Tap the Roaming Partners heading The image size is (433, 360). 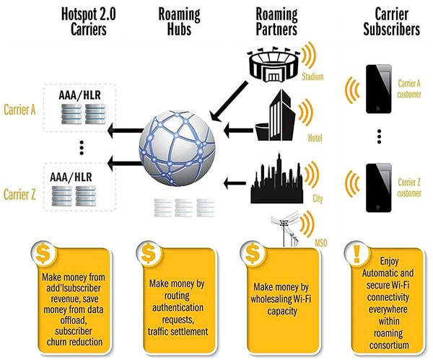tap(277, 21)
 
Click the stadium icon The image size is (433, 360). tap(274, 63)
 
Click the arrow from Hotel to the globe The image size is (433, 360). tap(235, 130)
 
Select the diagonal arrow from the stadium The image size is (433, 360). tap(230, 97)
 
